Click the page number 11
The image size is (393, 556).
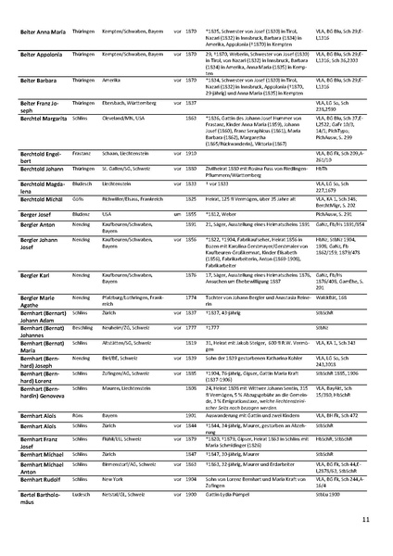pyautogui.click(x=367, y=521)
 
